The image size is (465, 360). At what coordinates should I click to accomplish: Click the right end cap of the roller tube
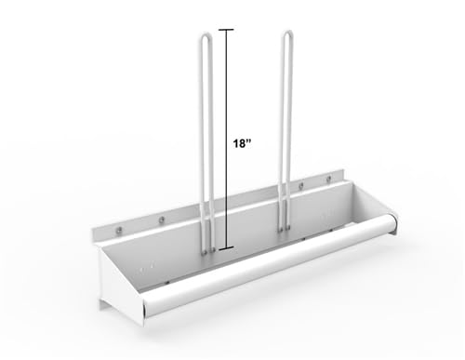pyautogui.click(x=389, y=224)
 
